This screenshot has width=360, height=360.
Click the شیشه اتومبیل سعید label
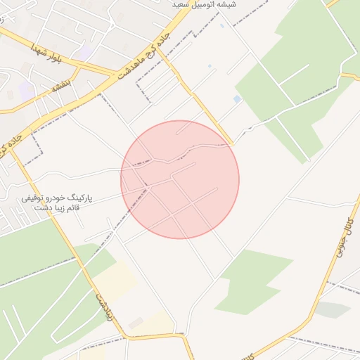coord(205,5)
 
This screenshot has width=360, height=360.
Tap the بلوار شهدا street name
coord(47,53)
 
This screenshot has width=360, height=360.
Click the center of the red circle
coord(180,179)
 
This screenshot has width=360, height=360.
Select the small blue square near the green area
coord(237,99)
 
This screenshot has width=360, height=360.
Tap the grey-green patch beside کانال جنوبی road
coord(333,309)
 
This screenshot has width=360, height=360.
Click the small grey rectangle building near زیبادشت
coord(136,323)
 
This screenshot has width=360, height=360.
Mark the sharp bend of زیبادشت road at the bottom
coord(184,337)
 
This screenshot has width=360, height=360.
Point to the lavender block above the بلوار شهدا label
coord(83,51)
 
